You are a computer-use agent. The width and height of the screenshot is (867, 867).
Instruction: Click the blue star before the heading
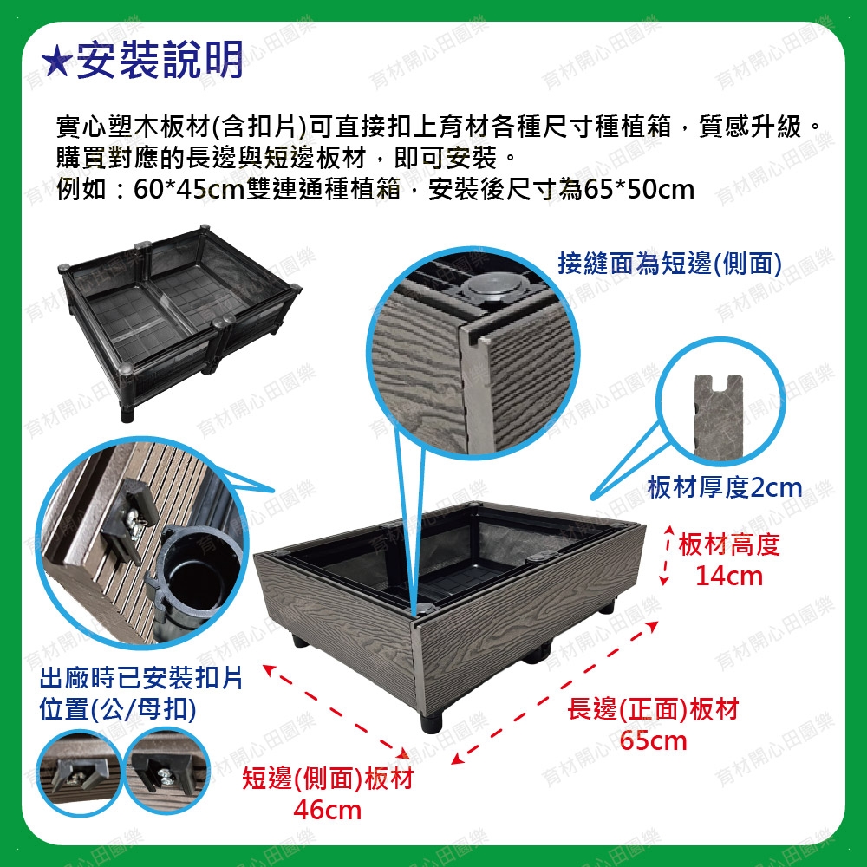(56, 61)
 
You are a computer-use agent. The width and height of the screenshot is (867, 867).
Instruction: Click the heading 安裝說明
(160, 60)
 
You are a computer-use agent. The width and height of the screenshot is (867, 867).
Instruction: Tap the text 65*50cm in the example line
(639, 190)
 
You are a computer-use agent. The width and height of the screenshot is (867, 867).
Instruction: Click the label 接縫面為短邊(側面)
(669, 264)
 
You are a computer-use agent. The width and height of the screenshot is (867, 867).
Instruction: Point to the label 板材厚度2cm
(724, 487)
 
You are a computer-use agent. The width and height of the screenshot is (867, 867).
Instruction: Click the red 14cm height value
(729, 576)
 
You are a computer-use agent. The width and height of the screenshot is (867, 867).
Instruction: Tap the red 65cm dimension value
(653, 740)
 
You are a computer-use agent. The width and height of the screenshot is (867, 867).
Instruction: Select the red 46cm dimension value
(328, 810)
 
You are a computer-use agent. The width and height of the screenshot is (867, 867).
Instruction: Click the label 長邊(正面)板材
(653, 709)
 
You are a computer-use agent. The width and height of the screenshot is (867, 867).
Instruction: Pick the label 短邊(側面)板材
(328, 779)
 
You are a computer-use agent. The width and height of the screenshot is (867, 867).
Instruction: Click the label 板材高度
(729, 544)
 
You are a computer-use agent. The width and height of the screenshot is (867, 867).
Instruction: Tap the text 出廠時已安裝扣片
(141, 678)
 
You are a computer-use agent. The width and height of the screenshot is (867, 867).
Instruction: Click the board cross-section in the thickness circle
(719, 416)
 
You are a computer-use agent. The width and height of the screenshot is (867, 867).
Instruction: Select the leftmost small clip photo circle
(79, 772)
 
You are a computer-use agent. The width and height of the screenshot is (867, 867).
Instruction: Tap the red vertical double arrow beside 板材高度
(666, 554)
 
